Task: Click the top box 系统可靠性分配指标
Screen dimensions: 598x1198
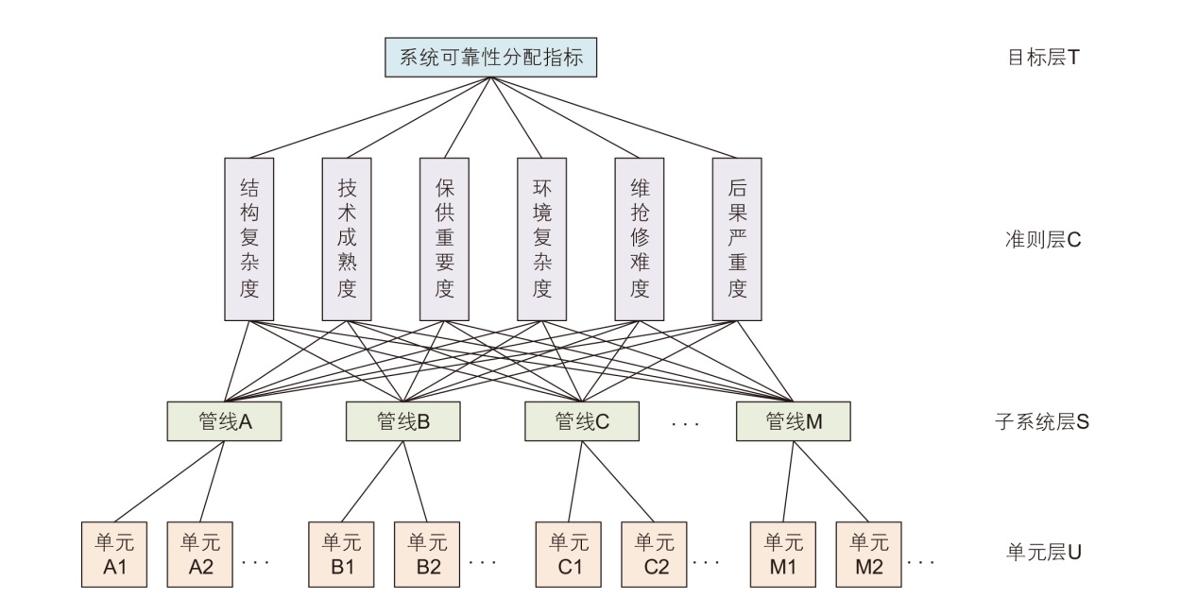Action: [x=491, y=58]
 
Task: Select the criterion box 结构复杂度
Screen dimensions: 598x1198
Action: [x=249, y=238]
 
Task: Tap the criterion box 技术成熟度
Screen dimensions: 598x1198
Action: [x=347, y=238]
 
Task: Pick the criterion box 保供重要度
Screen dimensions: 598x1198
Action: [x=444, y=238]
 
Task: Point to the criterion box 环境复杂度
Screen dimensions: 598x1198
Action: [x=541, y=238]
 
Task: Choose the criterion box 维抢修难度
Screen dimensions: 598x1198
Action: [x=639, y=238]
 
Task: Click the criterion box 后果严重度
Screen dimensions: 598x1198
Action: [x=737, y=238]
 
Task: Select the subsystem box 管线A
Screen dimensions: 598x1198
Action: [x=224, y=421]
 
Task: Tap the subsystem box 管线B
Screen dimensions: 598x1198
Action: [x=402, y=421]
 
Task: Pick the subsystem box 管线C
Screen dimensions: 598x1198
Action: [x=581, y=421]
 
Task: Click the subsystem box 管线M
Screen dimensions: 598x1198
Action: [x=793, y=421]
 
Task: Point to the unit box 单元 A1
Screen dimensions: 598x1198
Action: [x=114, y=554]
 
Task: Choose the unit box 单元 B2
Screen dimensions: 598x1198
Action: [x=427, y=554]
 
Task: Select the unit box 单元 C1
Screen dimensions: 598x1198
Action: [x=569, y=554]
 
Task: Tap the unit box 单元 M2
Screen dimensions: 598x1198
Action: [x=868, y=554]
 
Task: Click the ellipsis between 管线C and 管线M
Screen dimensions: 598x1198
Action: [x=686, y=423]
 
